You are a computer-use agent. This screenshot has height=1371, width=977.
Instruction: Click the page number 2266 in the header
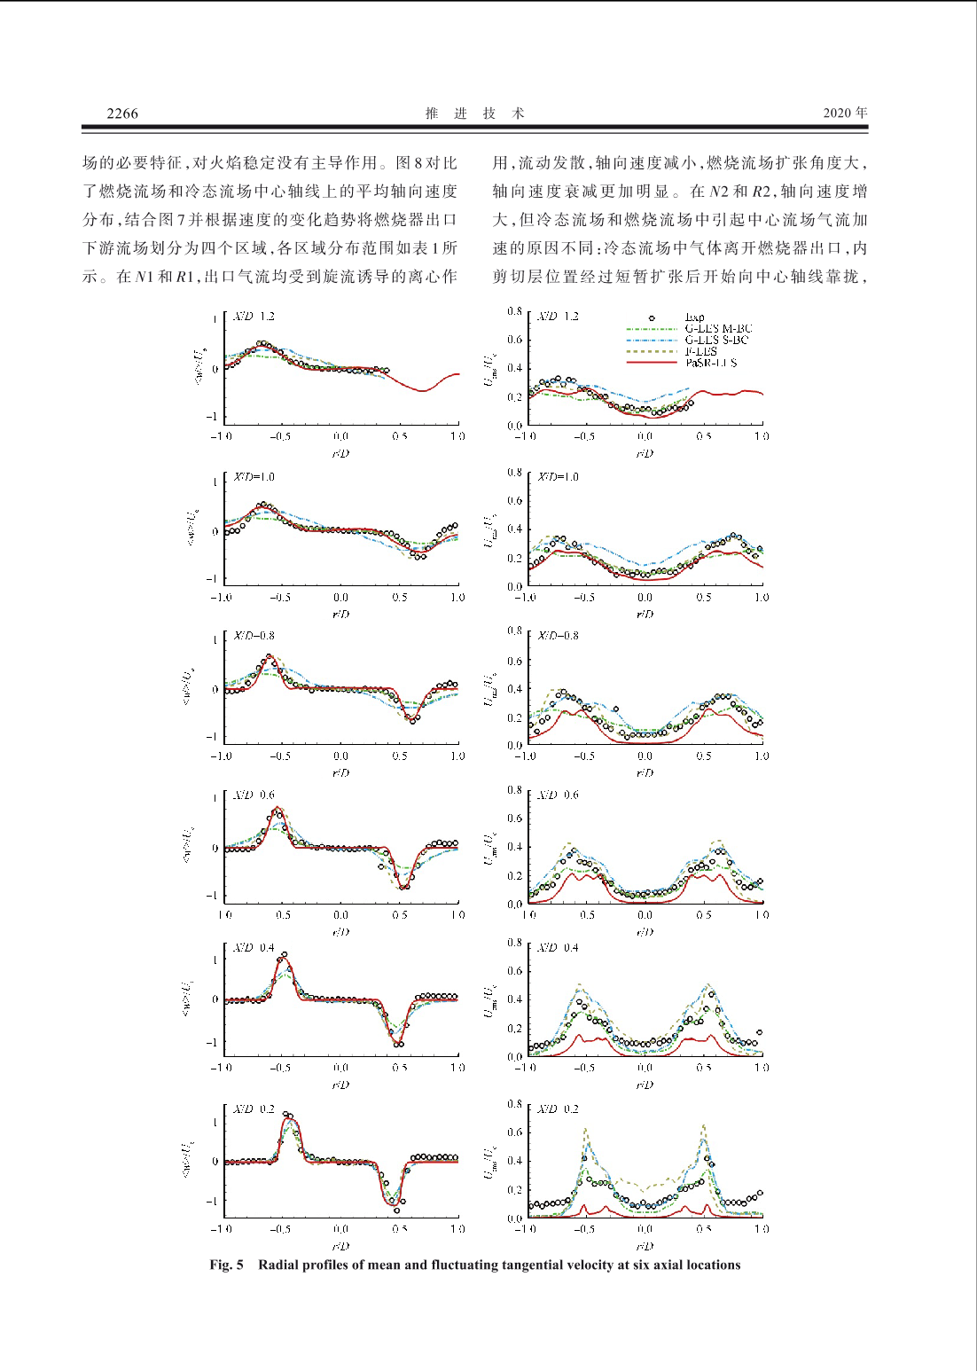coord(122,113)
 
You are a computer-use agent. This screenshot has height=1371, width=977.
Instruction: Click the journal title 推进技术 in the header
coord(475,113)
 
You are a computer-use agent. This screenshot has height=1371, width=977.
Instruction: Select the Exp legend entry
coord(694,317)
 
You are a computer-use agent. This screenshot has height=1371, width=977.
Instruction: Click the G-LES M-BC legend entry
coord(717,328)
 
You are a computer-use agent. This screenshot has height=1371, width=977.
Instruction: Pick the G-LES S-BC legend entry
coord(716,340)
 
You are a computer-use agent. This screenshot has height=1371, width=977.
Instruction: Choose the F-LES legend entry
coord(700,351)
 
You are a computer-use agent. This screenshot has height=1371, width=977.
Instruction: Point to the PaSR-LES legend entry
coord(711,363)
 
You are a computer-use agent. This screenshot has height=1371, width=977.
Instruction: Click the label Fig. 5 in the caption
coord(226,1265)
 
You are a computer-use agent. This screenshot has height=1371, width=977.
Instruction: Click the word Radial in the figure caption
coord(279,1265)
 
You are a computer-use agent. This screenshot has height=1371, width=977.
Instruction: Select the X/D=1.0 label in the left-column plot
coord(254,477)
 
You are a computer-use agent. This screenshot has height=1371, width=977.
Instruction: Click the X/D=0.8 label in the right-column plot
coord(558,636)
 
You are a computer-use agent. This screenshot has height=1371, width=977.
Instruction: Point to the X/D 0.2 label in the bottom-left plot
coord(254,1109)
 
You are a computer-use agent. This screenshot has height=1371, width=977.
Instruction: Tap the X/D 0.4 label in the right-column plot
coord(558,948)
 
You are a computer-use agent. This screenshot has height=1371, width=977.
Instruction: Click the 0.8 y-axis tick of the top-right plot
coord(514,312)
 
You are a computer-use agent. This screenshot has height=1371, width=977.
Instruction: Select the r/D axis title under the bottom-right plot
coord(645,1246)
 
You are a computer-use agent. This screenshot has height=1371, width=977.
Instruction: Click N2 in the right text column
coord(718,192)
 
